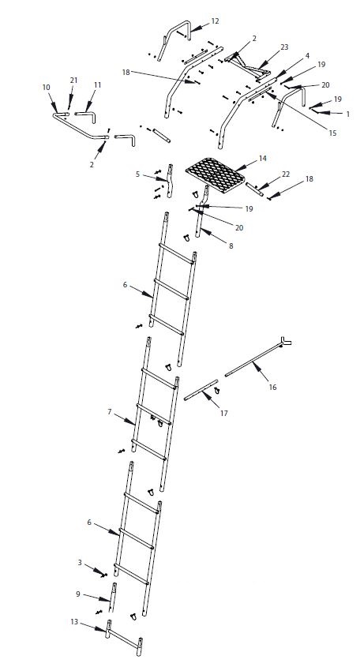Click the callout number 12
coord(216,21)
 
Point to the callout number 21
coord(74,81)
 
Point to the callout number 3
coord(80,562)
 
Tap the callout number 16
coord(273,388)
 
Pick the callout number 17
coord(223,413)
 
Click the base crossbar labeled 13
coord(124,635)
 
